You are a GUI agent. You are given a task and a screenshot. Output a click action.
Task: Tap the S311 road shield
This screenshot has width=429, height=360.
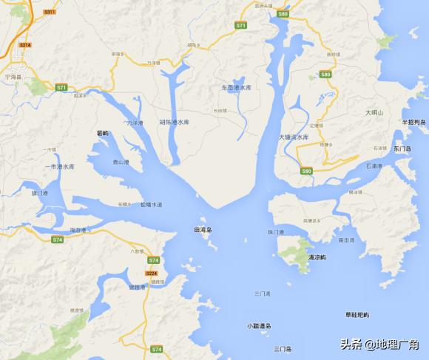[x=50, y=13]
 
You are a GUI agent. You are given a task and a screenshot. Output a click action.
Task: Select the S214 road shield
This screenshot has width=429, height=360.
[x=25, y=45]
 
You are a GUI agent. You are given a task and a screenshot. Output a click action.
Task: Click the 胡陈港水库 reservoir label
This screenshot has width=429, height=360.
[x=175, y=122]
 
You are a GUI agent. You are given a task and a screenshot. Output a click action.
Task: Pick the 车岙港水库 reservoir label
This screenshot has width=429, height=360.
[x=237, y=87]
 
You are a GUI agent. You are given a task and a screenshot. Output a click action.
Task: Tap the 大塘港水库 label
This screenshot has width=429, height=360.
[x=294, y=137]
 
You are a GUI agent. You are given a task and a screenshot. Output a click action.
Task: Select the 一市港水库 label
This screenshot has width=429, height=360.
[x=60, y=166]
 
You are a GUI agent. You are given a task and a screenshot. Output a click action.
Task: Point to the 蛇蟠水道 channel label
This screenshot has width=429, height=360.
[x=151, y=204]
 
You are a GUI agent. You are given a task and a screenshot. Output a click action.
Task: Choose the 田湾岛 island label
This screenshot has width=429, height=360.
[x=202, y=229]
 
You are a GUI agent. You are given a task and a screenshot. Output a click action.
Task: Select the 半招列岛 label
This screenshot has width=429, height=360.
[x=414, y=122]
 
